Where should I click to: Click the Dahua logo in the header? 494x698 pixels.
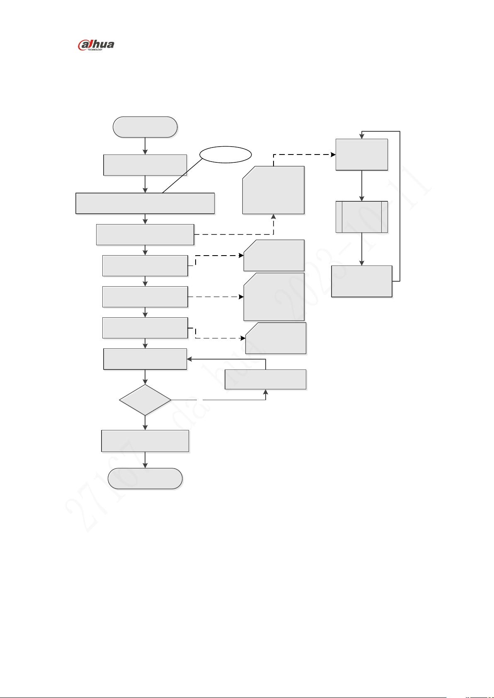point(96,45)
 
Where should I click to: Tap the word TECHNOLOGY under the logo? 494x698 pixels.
point(95,50)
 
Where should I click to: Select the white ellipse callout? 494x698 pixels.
point(226,155)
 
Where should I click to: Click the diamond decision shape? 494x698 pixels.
point(145,400)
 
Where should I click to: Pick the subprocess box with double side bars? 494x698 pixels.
point(362,217)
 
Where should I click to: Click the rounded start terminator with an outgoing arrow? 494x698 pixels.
point(145,127)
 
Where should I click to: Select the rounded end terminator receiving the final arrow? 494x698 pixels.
point(145,479)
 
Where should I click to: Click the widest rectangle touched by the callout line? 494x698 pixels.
point(145,203)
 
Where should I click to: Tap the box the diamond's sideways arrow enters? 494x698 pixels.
point(265,379)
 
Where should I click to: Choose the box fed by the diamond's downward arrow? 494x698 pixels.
point(145,441)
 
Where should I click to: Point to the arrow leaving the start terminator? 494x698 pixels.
point(145,146)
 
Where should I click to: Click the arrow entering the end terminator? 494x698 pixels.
point(145,460)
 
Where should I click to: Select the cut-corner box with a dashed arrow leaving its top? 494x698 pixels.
point(274,191)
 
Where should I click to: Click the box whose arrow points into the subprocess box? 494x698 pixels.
point(362,155)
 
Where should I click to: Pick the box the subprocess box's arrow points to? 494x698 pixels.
point(362,281)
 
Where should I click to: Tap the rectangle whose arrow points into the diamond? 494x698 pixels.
point(145,359)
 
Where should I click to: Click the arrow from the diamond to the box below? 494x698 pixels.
point(145,423)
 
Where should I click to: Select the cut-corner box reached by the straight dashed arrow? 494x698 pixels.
point(274,297)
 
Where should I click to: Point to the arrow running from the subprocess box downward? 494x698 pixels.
point(362,249)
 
